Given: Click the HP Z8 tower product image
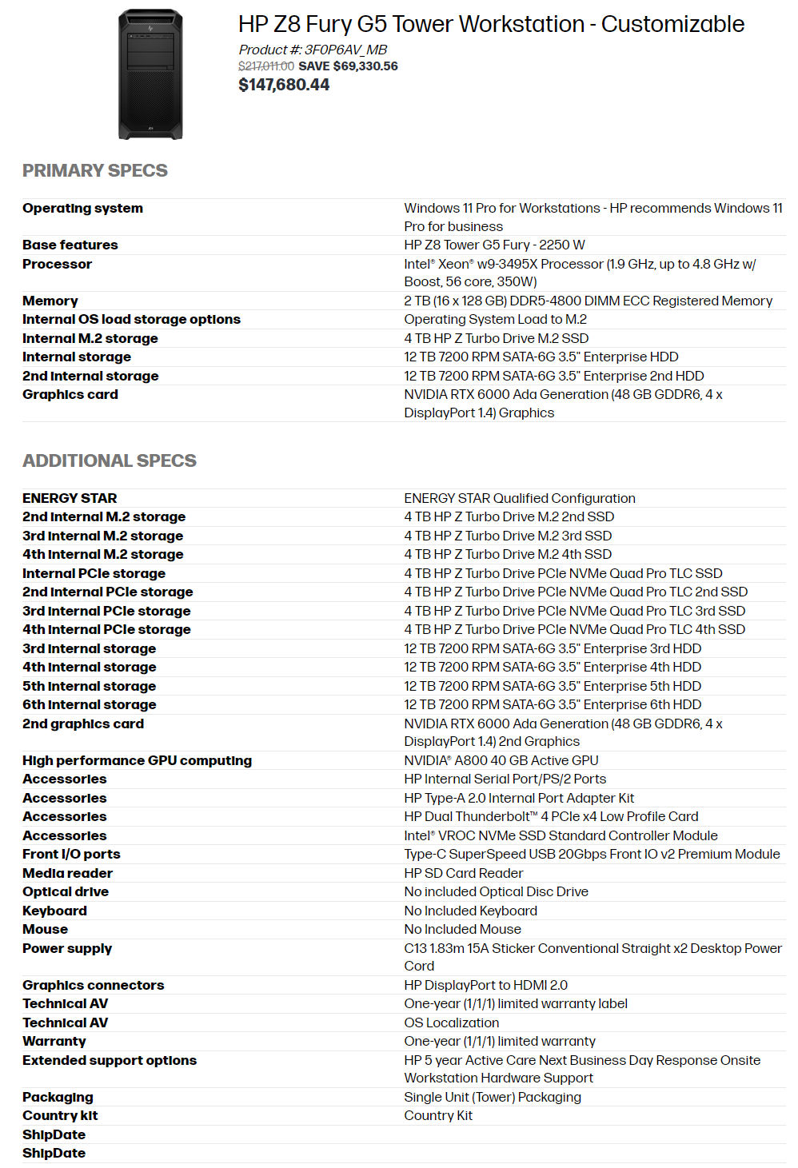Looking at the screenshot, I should pos(150,74).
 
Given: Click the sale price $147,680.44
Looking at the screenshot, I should pos(284,85).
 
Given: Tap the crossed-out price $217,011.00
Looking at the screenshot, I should pos(265,66).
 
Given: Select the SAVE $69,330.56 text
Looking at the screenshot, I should pos(348,66).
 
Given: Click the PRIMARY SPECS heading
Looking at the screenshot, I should pos(95,170).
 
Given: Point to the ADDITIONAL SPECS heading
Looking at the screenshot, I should pos(110,460).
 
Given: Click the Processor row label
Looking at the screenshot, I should pos(57,264).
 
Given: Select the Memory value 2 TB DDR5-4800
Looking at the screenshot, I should pos(588,301).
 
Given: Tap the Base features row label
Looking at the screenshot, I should pos(70,245).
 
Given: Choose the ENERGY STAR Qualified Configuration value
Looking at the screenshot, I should pos(520,498).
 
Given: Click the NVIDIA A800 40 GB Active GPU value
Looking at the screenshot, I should pos(501,760).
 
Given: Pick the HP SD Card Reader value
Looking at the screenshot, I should pos(464,873).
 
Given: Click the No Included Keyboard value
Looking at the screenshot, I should pos(470,911).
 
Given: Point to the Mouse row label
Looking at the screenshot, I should pos(45,929).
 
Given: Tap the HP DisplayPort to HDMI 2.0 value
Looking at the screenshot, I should pos(485,985).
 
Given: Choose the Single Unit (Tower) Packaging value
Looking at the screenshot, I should pos(493,1097).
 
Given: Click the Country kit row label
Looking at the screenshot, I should pos(60,1115).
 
